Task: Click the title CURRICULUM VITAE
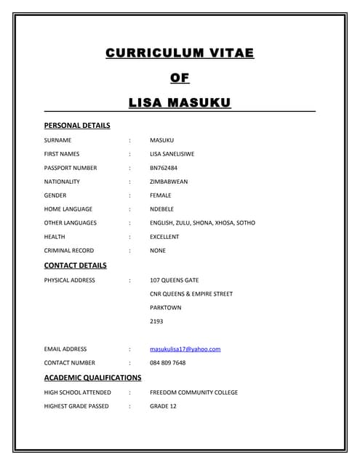point(180,53)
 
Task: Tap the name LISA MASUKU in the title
point(180,102)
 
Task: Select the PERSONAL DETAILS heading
point(77,126)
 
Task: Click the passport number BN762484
point(164,168)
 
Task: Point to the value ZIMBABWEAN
point(169,182)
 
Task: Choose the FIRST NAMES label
point(62,154)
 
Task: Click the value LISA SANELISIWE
point(177,154)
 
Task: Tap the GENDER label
point(55,195)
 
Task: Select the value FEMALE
point(161,195)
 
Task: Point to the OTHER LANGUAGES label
point(70,223)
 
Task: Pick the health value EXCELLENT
point(164,237)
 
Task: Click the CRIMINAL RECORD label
point(68,251)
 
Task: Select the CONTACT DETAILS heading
point(75,265)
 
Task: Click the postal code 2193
point(156,321)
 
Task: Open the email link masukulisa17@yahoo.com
point(185,349)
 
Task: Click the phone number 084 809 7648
point(167,363)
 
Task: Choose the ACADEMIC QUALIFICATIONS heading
point(92,378)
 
